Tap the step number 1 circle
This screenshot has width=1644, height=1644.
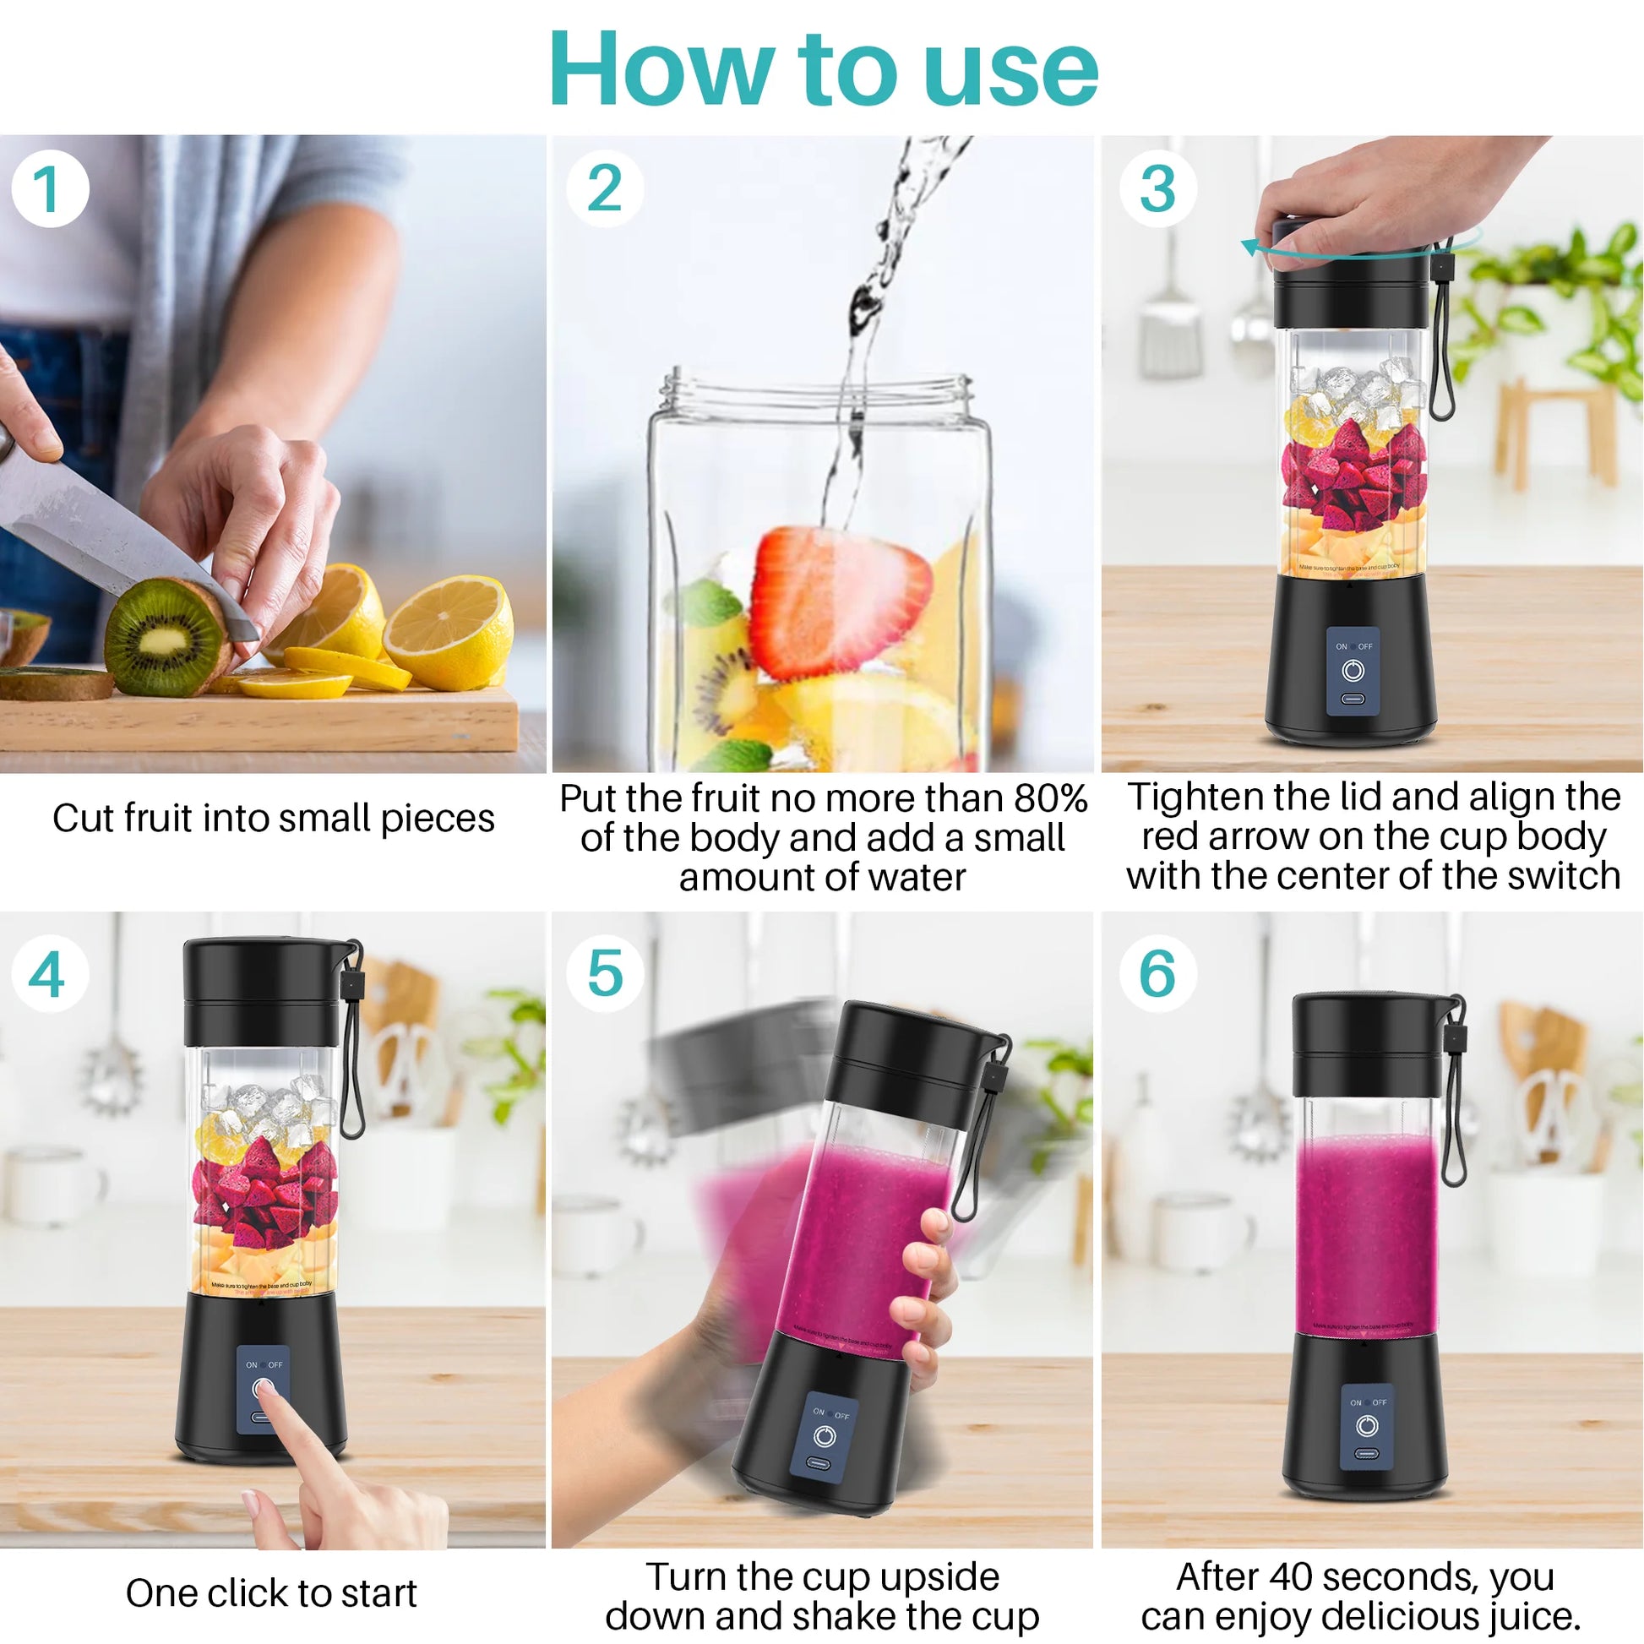[x=49, y=188]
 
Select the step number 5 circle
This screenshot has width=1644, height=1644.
[x=604, y=972]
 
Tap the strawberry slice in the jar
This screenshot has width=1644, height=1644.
[x=838, y=599]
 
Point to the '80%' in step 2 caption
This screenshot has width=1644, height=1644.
[x=1050, y=798]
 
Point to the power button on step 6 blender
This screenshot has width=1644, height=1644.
[x=1367, y=1426]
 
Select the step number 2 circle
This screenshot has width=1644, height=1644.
[x=604, y=188]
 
